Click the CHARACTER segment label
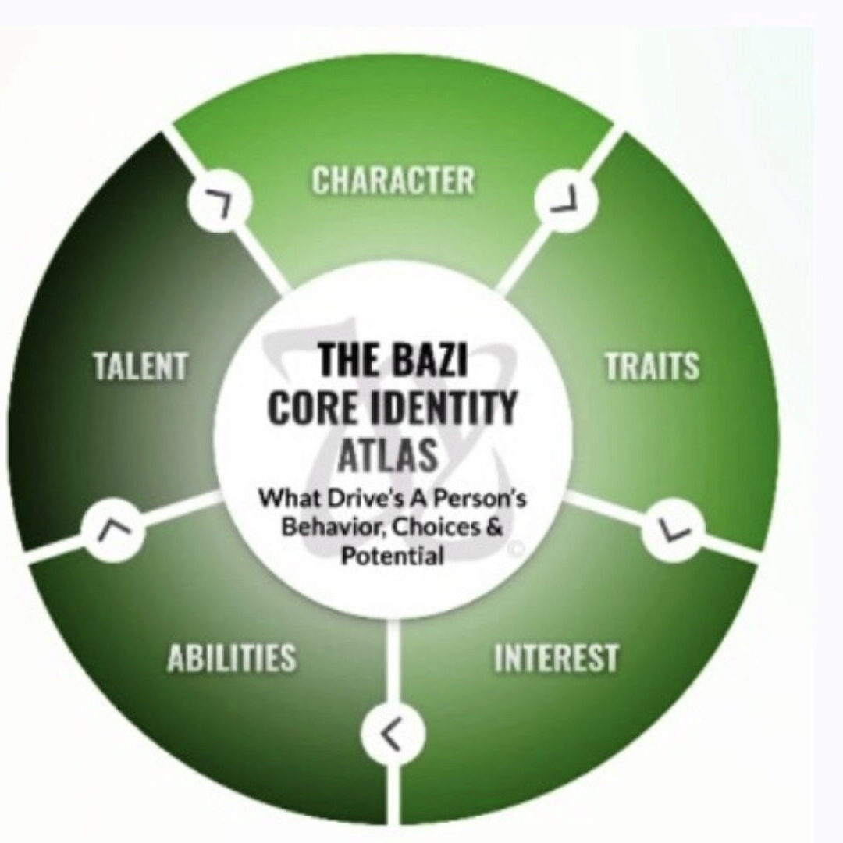click(x=393, y=180)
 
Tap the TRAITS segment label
click(x=653, y=367)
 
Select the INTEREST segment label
click(x=556, y=658)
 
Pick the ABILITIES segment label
click(x=231, y=658)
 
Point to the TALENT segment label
click(x=140, y=367)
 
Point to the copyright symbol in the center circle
click(x=514, y=550)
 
